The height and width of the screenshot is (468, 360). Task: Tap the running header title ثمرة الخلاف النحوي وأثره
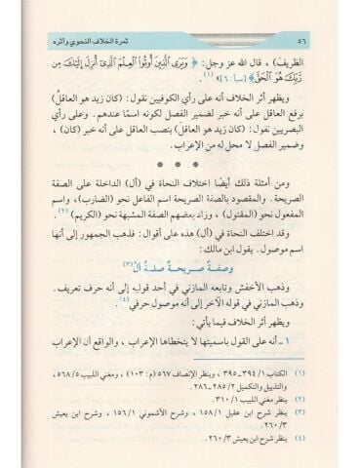pos(268,40)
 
